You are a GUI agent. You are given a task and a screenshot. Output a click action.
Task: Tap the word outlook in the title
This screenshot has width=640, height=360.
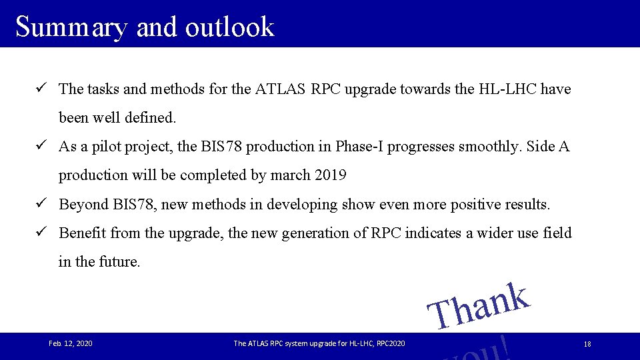click(230, 27)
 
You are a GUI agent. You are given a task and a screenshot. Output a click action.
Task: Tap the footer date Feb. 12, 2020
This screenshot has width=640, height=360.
click(71, 343)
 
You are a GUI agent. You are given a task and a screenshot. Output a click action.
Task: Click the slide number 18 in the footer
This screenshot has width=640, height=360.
click(587, 344)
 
